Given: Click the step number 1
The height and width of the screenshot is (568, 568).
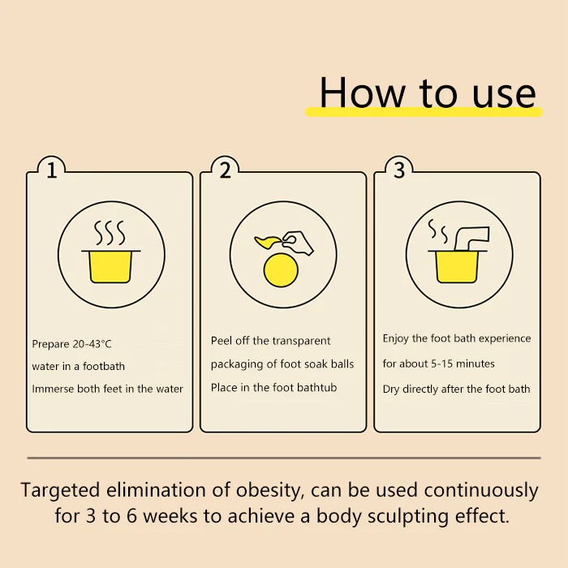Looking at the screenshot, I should click(x=52, y=170).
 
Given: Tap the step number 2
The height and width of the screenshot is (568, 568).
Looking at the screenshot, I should click(x=226, y=170).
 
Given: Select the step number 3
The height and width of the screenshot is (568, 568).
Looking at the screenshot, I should click(x=399, y=170).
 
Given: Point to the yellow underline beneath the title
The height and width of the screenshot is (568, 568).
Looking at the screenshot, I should click(x=423, y=112).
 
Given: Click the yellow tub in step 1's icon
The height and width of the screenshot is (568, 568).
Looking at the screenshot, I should click(x=110, y=267).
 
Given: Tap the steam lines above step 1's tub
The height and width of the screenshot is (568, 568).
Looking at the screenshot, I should click(x=110, y=232).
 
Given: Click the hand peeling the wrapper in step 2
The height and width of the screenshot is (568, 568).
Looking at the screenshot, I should click(x=299, y=243).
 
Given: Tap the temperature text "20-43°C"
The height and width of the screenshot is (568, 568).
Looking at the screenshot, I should click(x=92, y=344).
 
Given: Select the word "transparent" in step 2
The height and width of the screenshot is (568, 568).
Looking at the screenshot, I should click(x=302, y=341).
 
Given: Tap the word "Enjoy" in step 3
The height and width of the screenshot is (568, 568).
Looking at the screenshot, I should click(x=396, y=338).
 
